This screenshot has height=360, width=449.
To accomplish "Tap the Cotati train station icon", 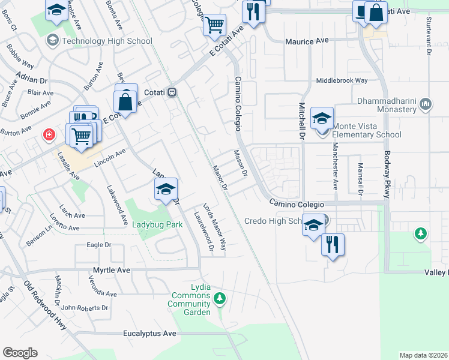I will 172,92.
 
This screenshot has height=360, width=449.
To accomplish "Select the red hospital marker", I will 48,135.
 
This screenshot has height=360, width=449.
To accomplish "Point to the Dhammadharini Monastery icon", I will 426,104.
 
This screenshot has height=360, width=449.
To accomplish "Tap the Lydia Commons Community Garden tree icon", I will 220,298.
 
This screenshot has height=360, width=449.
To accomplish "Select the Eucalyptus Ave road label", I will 149,333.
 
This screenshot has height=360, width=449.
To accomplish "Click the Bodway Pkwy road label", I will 387,174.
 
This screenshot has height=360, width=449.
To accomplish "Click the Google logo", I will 20,352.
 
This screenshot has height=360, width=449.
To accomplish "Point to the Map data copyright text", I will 423,355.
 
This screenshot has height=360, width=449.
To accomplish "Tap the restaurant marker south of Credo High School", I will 332,244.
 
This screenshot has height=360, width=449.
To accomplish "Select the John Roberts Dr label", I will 85,308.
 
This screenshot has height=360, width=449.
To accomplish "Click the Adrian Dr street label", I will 32,80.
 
